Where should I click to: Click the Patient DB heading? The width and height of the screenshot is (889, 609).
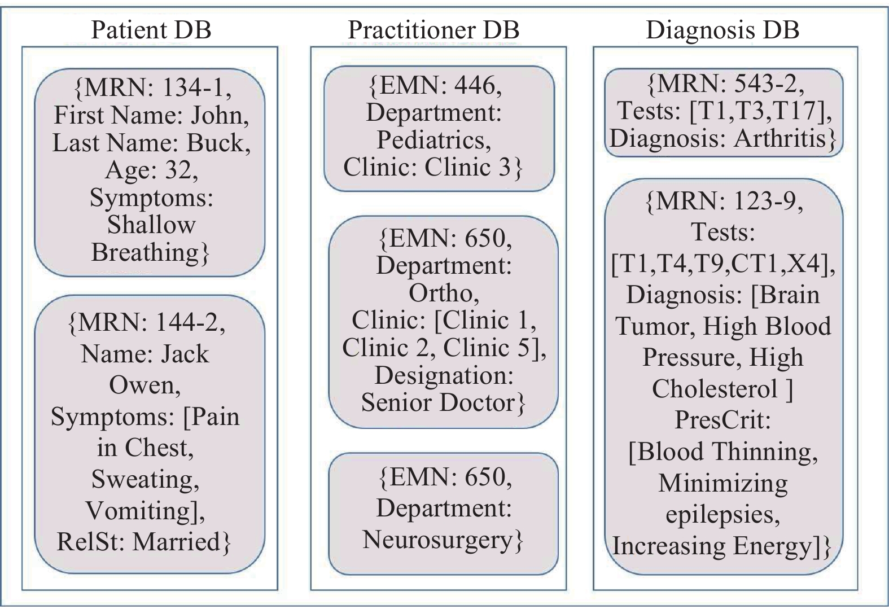tap(151, 30)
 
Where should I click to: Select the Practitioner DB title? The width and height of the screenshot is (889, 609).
tap(433, 30)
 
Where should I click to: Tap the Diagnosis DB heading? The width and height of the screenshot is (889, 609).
tap(722, 30)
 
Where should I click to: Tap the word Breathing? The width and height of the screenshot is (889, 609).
tap(145, 252)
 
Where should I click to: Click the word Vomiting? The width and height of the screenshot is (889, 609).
tap(138, 510)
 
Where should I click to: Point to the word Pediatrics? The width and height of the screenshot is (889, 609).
tap(430, 141)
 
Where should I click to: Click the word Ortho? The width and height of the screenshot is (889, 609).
tap(440, 293)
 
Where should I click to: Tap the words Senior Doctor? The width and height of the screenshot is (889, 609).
tap(438, 402)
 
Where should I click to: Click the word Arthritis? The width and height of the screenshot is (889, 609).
tap(779, 138)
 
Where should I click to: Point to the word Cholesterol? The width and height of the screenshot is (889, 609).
tap(715, 388)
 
